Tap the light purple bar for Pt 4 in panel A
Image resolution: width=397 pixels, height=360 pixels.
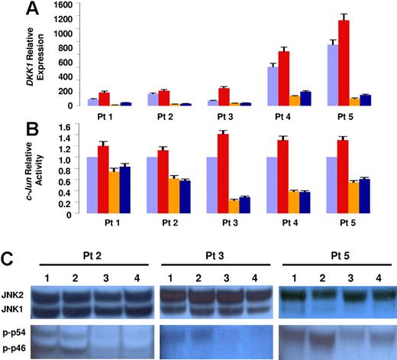272,86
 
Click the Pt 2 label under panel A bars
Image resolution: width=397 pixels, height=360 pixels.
158,117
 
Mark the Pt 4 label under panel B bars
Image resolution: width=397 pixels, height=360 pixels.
283,226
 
